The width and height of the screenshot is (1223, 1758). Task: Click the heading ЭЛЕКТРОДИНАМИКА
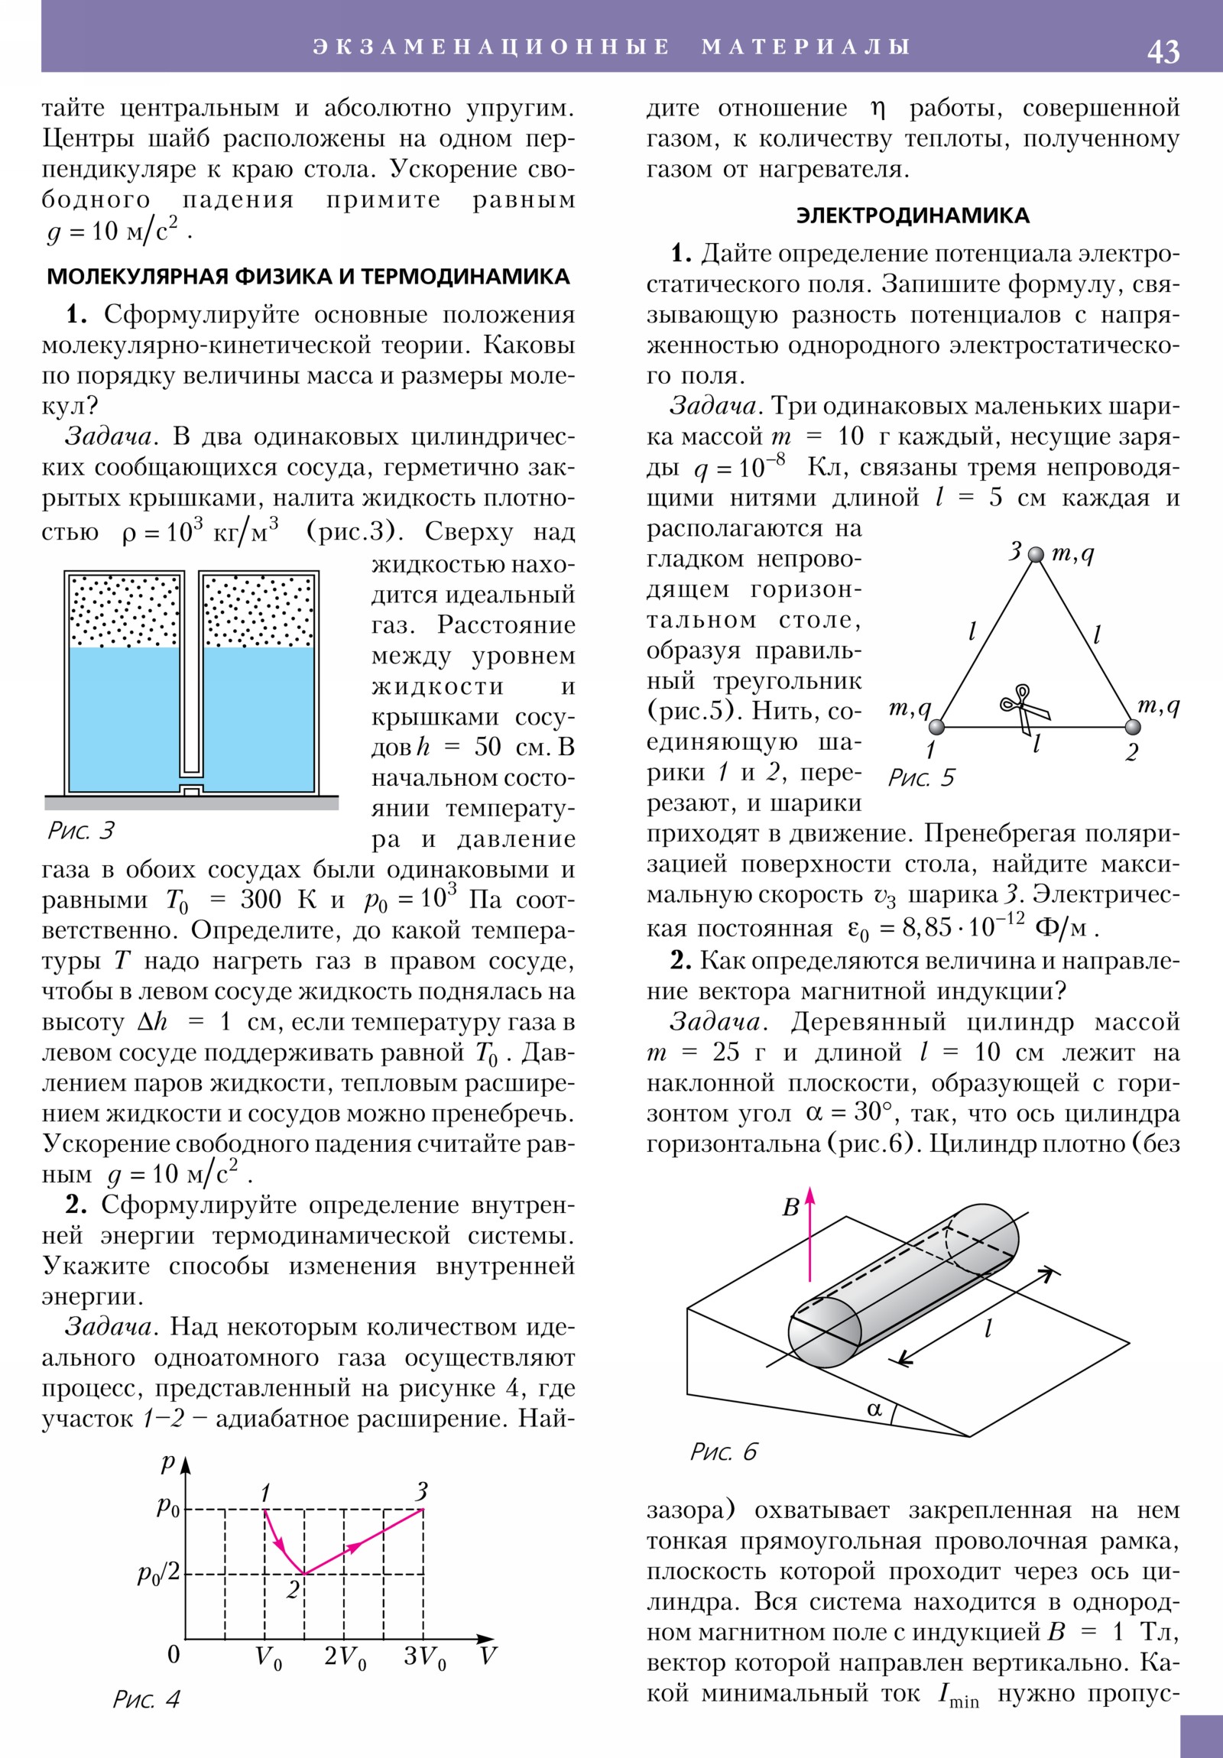click(912, 215)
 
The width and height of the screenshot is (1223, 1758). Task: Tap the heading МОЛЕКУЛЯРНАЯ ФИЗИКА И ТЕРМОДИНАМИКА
click(309, 277)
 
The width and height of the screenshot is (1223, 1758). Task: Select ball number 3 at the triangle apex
click(1036, 554)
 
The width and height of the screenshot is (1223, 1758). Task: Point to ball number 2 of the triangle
click(1132, 727)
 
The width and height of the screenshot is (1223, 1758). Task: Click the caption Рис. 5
click(920, 779)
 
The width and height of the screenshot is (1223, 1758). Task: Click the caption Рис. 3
click(81, 831)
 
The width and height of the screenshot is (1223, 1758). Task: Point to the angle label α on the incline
click(874, 1408)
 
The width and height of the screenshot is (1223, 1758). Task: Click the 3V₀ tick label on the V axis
click(424, 1657)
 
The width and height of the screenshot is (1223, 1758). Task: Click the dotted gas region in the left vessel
click(125, 611)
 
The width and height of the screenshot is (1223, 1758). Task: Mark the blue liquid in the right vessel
click(259, 716)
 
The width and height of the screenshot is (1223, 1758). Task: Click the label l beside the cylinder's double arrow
click(988, 1328)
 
